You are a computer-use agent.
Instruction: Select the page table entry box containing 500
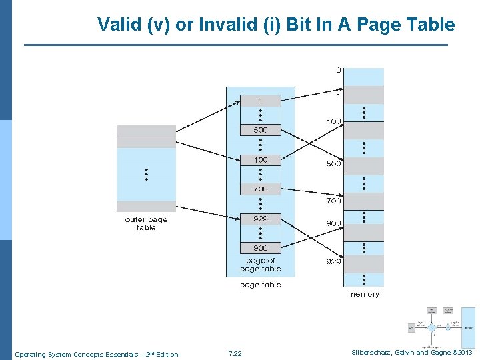(x=261, y=130)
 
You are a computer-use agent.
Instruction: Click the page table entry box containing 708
(x=261, y=189)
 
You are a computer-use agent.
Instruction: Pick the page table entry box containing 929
(x=261, y=219)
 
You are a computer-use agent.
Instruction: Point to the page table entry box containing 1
(x=261, y=101)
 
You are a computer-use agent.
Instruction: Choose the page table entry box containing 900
(x=261, y=248)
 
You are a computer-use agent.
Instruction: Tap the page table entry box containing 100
(x=261, y=160)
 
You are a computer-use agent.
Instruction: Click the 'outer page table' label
(x=146, y=223)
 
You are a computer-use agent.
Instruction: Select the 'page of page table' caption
(x=260, y=265)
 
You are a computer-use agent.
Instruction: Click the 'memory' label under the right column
(x=364, y=294)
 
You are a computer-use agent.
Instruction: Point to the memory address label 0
(x=338, y=69)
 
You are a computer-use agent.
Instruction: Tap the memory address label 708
(x=333, y=201)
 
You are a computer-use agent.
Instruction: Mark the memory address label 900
(x=333, y=223)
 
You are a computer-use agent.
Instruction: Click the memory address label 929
(x=333, y=261)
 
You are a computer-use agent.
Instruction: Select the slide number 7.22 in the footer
(x=235, y=354)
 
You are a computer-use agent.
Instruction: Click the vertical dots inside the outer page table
(x=146, y=175)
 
